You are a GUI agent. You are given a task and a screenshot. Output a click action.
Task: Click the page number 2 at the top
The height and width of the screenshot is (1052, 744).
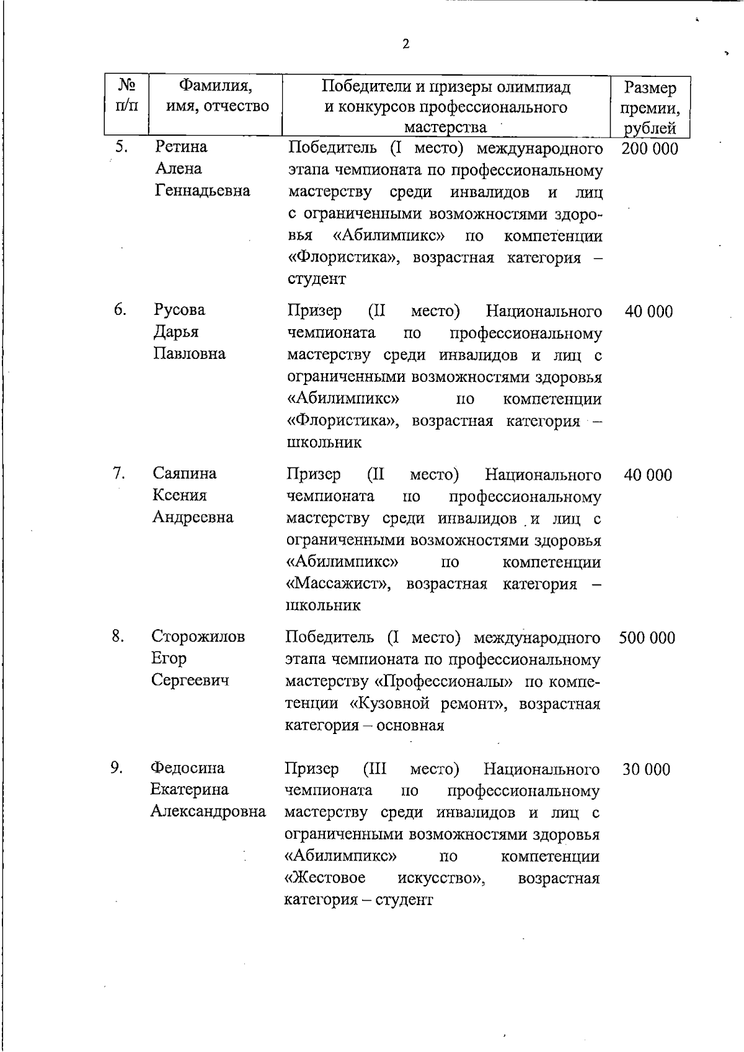[x=405, y=44]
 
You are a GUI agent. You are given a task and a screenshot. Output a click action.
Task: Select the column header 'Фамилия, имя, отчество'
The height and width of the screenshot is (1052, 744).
[x=215, y=95]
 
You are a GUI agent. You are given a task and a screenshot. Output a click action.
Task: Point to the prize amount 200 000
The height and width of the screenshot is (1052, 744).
[x=649, y=149]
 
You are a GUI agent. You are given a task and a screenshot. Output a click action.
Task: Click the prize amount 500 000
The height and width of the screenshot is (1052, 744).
[x=647, y=638]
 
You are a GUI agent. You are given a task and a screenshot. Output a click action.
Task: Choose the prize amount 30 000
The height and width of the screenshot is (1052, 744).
[x=646, y=769]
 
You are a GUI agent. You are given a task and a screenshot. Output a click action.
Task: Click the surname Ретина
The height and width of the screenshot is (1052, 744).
[x=181, y=147]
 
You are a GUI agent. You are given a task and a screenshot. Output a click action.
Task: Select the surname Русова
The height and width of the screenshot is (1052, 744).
[x=179, y=310]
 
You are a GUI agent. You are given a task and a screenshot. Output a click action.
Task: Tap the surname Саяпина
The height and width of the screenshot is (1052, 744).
[x=185, y=474]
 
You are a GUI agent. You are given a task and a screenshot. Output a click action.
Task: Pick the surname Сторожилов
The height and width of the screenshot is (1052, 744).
[x=198, y=637]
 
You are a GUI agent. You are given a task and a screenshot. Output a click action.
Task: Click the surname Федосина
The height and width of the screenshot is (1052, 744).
[x=187, y=768]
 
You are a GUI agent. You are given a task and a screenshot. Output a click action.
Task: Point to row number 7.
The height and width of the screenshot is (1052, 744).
[x=119, y=473]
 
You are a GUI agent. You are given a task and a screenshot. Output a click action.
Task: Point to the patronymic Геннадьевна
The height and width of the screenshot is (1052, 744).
[x=202, y=190]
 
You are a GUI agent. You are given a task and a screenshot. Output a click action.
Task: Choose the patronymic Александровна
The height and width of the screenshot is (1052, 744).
[x=208, y=811]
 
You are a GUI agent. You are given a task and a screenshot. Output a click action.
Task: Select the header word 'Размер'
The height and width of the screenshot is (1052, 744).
[x=650, y=89]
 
